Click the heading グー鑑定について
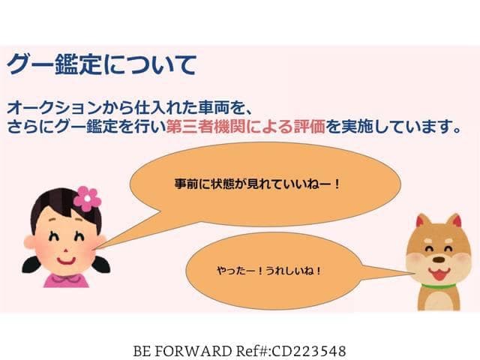(x=101, y=64)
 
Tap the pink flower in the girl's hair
(x=87, y=199)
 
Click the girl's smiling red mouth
(x=66, y=262)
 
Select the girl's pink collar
(x=65, y=279)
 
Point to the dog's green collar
(x=438, y=286)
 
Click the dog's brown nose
(x=439, y=259)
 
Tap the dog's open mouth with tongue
(x=439, y=273)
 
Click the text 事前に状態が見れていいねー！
(x=257, y=184)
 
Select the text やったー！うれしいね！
(x=268, y=271)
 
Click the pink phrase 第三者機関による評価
(x=245, y=126)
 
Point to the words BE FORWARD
(x=182, y=351)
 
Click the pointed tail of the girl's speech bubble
(x=98, y=248)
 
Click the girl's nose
(x=65, y=250)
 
